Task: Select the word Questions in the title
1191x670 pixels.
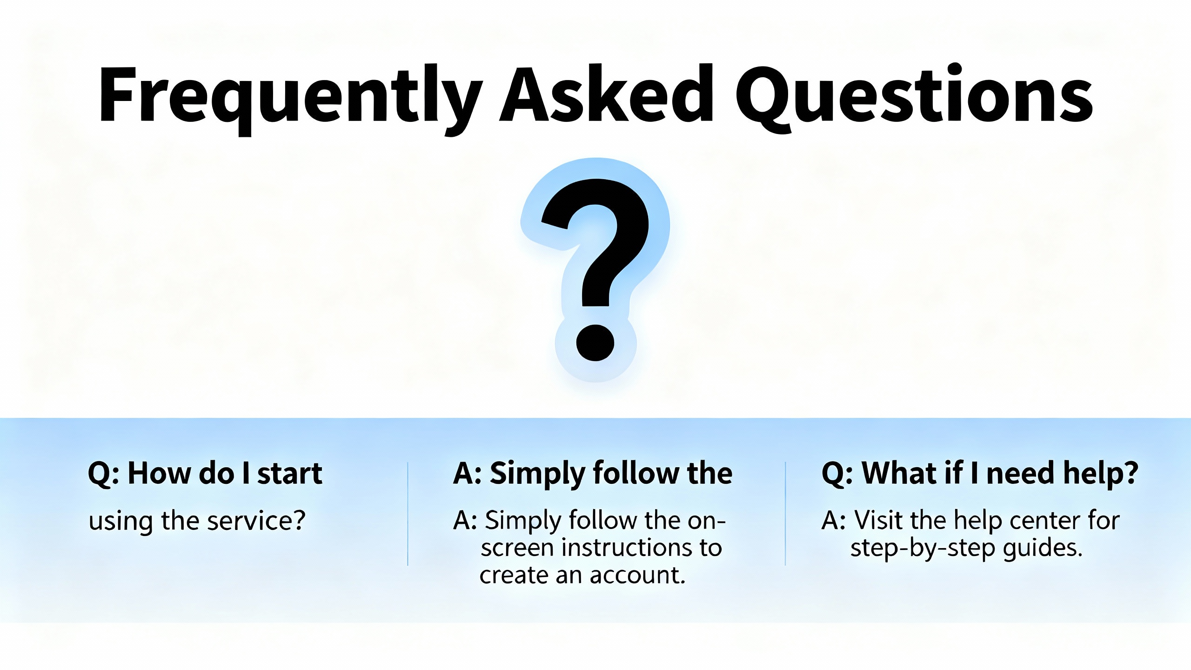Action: pyautogui.click(x=914, y=98)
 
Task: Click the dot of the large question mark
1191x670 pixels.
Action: pyautogui.click(x=595, y=342)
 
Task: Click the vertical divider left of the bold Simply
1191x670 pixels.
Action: pyautogui.click(x=408, y=514)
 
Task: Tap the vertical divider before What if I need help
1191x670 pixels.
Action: pyautogui.click(x=785, y=514)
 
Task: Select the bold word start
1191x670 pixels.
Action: pyautogui.click(x=290, y=474)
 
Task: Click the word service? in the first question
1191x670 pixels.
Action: pyautogui.click(x=256, y=521)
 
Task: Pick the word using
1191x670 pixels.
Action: pyautogui.click(x=121, y=523)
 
